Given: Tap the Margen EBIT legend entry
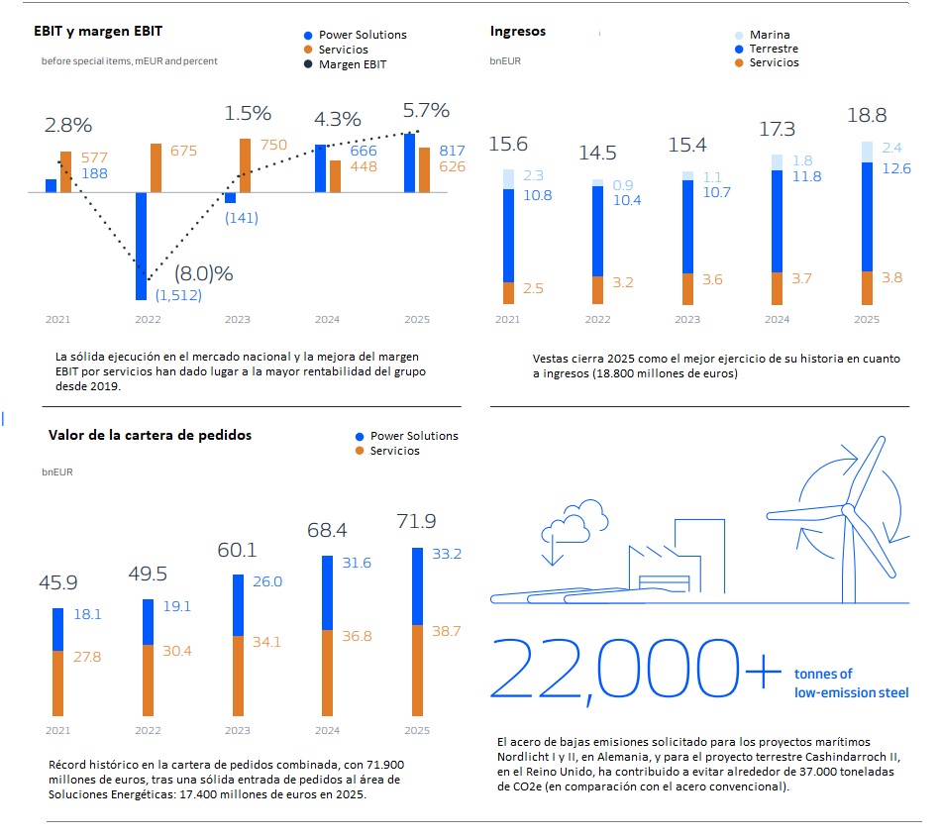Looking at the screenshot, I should [352, 64].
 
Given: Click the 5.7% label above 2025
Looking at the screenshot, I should [425, 110].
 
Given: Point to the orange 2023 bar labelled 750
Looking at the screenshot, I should [246, 164].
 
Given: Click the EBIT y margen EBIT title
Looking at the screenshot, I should [98, 32].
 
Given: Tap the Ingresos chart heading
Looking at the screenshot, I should [518, 32].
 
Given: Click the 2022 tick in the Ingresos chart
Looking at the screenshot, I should [597, 320].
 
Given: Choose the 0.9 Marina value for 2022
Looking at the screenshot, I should [624, 184].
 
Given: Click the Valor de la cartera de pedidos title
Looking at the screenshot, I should [150, 435].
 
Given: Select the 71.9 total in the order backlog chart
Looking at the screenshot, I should [417, 521].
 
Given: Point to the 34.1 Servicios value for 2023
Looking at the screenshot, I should [266, 642].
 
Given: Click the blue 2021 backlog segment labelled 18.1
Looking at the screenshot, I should [57, 629].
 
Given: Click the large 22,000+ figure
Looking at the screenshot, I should [634, 674].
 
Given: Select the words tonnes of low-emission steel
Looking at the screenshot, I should [851, 683].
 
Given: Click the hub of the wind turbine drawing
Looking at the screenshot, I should [847, 509].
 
